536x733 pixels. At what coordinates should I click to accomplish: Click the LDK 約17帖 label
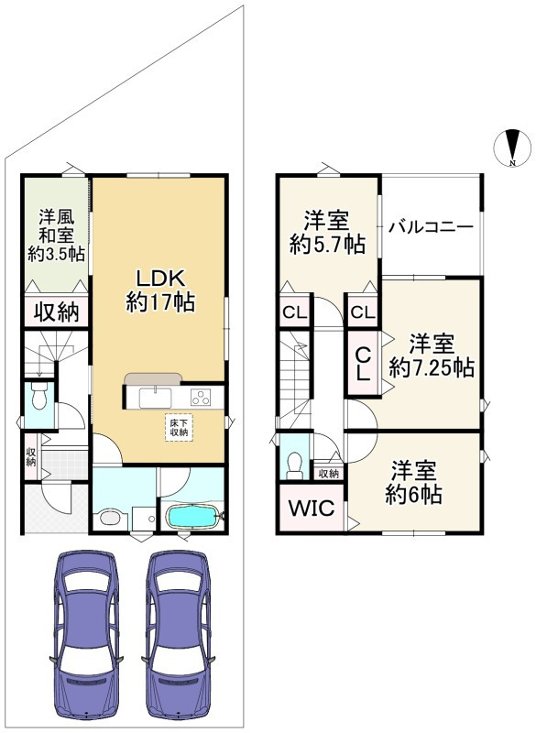[160, 290]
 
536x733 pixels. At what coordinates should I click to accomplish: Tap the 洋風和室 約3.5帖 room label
[56, 235]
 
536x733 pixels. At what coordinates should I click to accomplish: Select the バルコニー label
[432, 227]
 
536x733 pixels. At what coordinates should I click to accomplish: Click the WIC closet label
[312, 508]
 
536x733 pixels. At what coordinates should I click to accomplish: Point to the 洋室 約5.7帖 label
[327, 233]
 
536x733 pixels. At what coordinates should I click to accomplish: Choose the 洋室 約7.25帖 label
[432, 356]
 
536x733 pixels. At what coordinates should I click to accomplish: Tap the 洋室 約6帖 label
[413, 482]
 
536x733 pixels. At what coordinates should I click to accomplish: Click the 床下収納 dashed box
[179, 428]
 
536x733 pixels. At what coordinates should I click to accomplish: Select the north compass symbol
[512, 148]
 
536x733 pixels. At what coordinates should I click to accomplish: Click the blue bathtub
[192, 517]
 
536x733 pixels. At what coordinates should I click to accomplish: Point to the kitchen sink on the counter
[155, 398]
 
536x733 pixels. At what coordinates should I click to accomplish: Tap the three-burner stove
[201, 398]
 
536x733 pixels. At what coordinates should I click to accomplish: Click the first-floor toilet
[38, 396]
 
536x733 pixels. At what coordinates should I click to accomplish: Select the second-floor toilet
[294, 466]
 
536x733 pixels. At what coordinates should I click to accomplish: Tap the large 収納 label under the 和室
[56, 312]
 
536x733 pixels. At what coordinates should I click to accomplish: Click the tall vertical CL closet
[363, 363]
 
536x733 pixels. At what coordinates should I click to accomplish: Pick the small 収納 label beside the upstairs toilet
[329, 473]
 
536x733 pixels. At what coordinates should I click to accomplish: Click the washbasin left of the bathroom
[111, 518]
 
